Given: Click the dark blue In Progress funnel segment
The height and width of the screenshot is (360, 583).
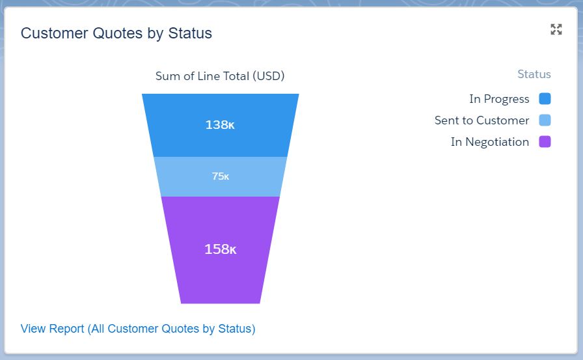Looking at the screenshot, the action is click(220, 111).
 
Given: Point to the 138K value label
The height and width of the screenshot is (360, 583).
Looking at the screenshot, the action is click(220, 124).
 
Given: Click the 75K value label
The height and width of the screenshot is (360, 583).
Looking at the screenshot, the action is click(221, 176).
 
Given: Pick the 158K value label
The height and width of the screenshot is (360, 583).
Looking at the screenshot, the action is click(221, 249).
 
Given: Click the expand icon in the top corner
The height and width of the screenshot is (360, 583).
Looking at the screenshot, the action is click(556, 29).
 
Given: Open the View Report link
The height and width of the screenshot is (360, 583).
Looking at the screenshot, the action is click(138, 329).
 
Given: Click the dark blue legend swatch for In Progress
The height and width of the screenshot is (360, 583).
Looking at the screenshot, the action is click(545, 99).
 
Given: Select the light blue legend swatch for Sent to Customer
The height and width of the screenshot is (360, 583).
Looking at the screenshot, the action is click(545, 120).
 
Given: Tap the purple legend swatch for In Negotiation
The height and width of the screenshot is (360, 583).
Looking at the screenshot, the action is click(545, 142).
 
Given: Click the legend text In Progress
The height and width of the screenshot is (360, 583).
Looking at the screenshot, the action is click(499, 100).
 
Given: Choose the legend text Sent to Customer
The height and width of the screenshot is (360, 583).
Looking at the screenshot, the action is click(481, 120).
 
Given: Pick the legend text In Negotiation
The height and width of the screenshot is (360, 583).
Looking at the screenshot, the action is click(490, 142).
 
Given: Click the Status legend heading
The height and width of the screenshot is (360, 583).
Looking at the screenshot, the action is click(534, 74).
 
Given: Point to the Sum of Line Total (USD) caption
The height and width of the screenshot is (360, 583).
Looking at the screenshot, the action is click(220, 76).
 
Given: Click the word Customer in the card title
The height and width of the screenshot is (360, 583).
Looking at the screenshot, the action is click(55, 33).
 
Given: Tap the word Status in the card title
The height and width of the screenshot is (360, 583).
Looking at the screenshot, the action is click(190, 33).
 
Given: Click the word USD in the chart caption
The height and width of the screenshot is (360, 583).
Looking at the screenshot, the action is click(269, 76).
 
